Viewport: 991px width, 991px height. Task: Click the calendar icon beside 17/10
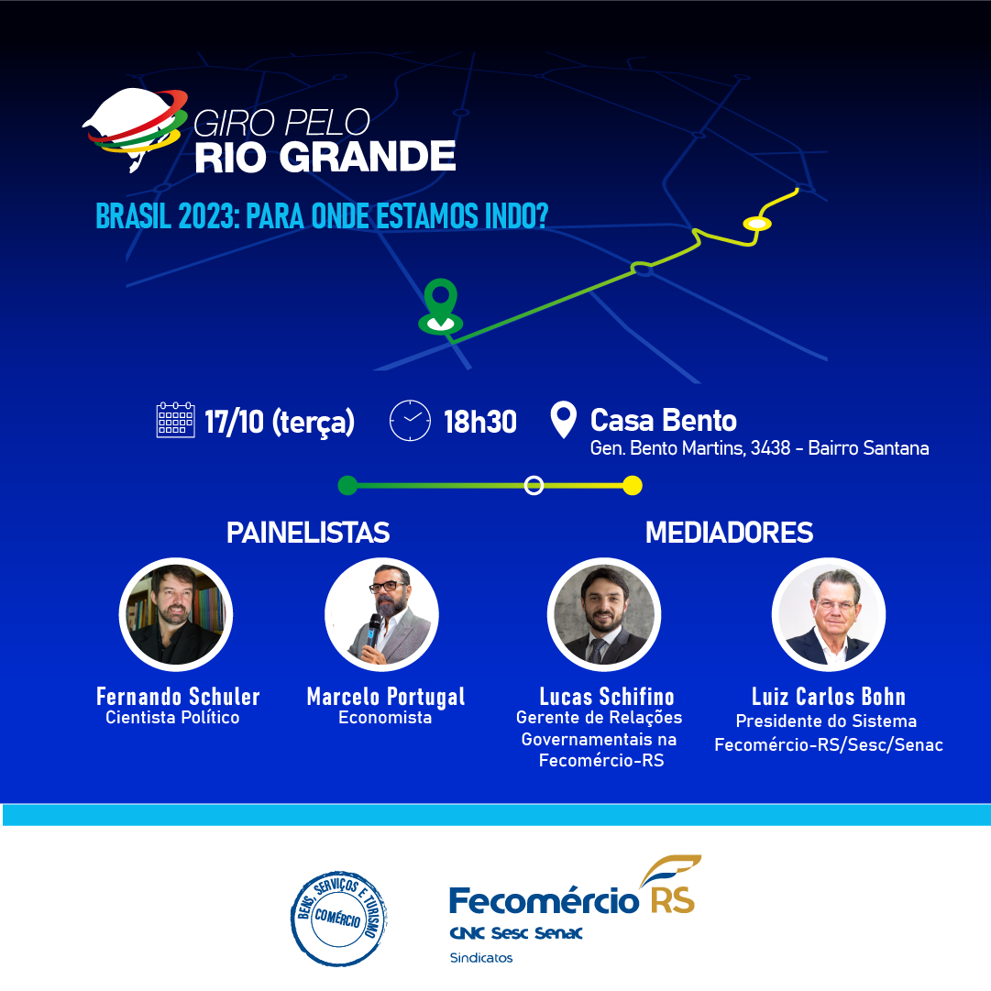175,420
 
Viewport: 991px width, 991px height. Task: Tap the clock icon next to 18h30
410,420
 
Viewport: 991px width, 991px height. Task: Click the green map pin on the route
441,306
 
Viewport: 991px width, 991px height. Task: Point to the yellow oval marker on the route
756,223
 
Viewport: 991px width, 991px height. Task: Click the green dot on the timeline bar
347,485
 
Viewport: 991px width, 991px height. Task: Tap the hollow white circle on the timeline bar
534,485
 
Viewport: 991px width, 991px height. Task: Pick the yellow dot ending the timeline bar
633,485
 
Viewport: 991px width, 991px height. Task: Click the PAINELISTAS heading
308,533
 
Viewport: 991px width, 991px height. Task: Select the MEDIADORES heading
729,533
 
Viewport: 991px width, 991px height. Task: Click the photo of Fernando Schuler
176,614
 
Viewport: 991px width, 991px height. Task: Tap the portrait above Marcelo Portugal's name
381,614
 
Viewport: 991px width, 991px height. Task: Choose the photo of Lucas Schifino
604,614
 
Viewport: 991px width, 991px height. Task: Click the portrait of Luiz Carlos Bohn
829,614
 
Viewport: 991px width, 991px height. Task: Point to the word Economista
385,717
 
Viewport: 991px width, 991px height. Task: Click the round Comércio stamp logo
339,919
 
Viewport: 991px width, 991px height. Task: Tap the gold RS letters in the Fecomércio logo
673,900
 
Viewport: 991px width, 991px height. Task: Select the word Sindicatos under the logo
481,958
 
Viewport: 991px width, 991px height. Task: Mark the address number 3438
770,448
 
